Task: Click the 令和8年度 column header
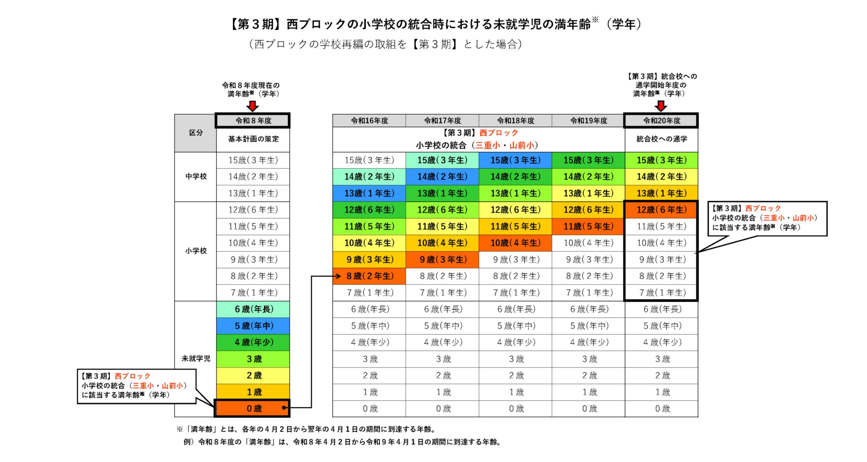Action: pos(253,120)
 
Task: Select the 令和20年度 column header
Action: pos(661,120)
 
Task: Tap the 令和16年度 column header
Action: pos(369,120)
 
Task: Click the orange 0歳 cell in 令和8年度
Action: pos(253,408)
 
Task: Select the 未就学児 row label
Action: pos(196,358)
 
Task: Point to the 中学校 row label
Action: pos(196,177)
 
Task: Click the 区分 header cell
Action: pos(196,133)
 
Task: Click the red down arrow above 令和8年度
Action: pos(252,106)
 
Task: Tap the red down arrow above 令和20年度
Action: pos(661,106)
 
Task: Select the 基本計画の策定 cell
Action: pos(253,139)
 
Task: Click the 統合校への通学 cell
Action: pos(661,139)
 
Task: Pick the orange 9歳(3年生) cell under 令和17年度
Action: pos(443,259)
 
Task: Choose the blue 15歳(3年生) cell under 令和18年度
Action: pos(515,160)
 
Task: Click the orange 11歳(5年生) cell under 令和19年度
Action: pos(588,226)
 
